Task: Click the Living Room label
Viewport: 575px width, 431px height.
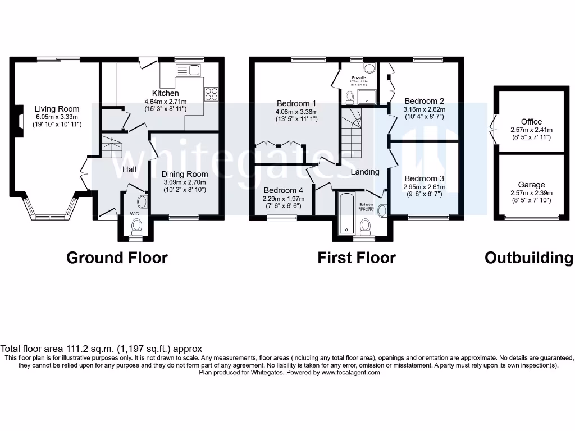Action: tap(57, 109)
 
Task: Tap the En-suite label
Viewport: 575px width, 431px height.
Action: tap(359, 78)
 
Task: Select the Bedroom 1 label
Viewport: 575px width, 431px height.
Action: tap(296, 103)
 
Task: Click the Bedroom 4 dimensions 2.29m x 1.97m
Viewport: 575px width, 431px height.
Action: tap(283, 199)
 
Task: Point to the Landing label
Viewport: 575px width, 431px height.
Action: tap(365, 172)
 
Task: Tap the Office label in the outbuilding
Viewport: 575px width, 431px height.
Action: tap(531, 122)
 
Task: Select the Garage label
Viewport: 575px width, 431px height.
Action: tap(531, 185)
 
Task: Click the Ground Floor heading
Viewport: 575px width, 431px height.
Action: tap(117, 258)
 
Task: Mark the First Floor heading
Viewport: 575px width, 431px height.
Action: tap(357, 258)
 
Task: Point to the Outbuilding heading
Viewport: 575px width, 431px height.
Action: tap(529, 258)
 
